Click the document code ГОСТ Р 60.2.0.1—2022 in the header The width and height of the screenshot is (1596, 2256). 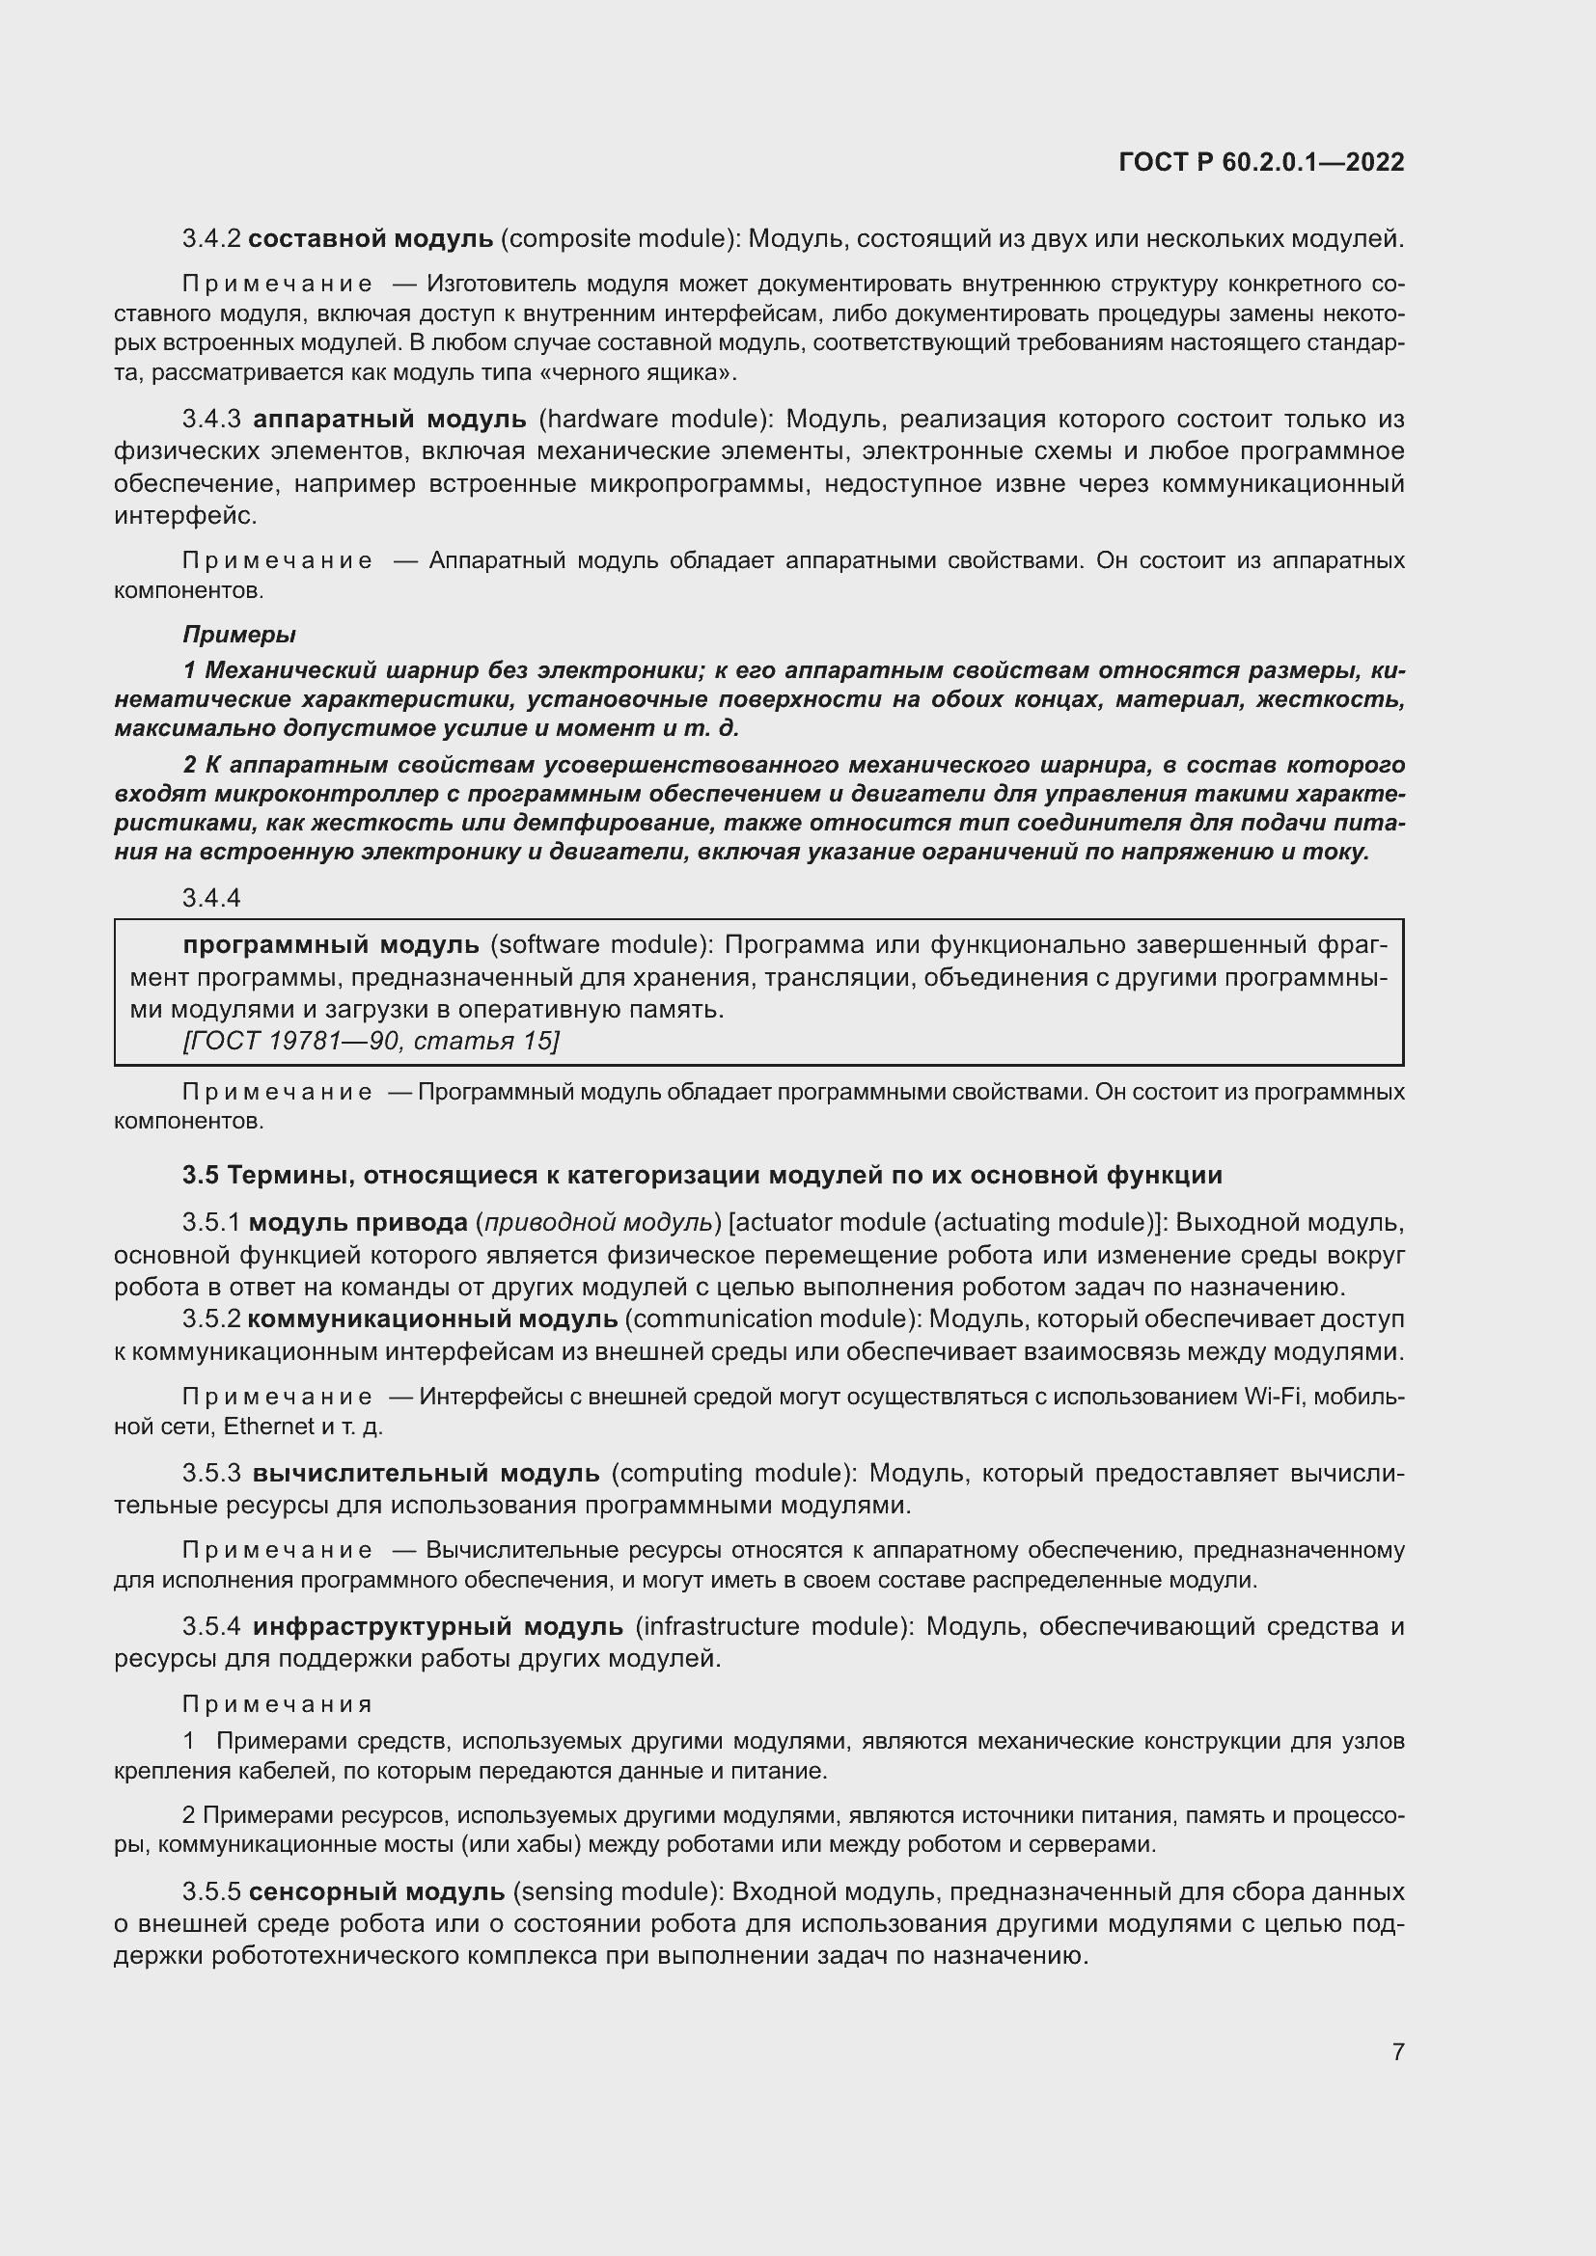coord(1261,163)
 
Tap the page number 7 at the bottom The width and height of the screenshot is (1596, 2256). coord(1397,2052)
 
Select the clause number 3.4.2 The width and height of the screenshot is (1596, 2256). coord(211,239)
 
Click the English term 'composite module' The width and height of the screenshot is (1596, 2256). coord(619,239)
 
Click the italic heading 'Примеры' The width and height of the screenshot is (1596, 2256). coord(238,635)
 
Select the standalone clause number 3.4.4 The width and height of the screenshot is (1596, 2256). coord(211,898)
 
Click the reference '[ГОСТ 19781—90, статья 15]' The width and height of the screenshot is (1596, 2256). coord(371,1041)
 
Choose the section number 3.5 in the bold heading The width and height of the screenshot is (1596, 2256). coord(201,1175)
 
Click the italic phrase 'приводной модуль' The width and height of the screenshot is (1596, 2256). coord(598,1223)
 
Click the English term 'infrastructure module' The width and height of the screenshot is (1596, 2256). coord(769,1627)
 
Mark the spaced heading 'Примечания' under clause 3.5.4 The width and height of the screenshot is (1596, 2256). coord(277,1703)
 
